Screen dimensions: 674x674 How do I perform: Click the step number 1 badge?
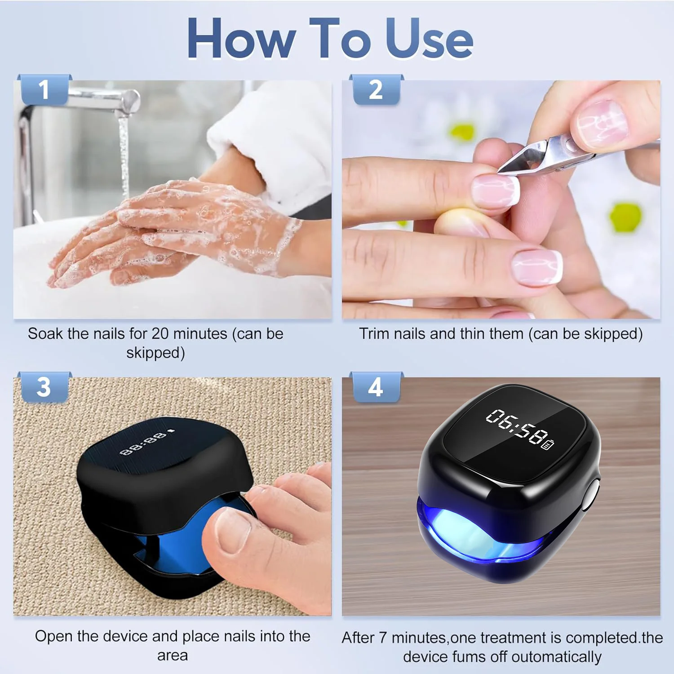[44, 90]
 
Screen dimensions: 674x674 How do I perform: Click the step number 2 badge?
[376, 90]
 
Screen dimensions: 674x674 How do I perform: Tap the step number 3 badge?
[44, 387]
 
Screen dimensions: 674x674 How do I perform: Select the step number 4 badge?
[376, 387]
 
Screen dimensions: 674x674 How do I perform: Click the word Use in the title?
[429, 40]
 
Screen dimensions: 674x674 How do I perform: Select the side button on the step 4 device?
[592, 496]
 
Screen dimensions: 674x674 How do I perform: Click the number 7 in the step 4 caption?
[382, 638]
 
